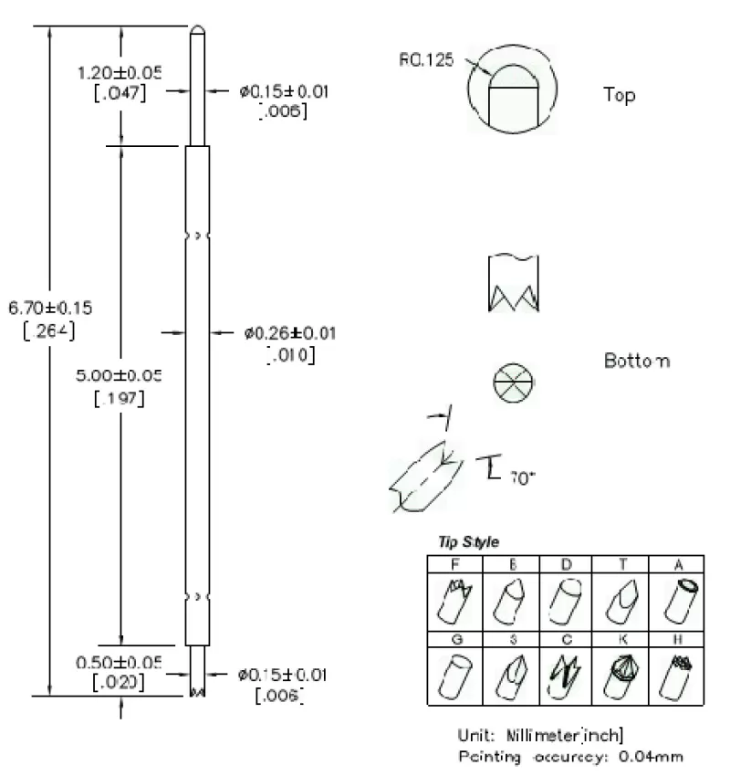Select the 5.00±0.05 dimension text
[x=121, y=375]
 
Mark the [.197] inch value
[x=120, y=399]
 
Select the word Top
[x=619, y=95]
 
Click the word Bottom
[x=636, y=362]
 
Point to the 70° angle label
[x=522, y=477]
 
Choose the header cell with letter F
[x=454, y=565]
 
